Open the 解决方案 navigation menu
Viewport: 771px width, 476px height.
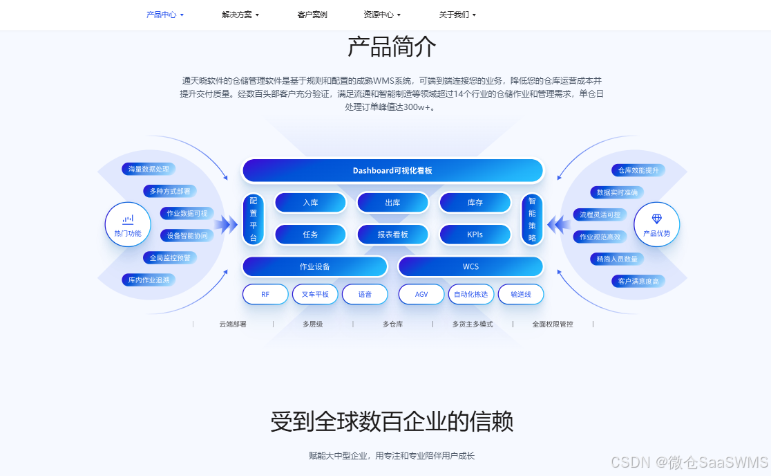(240, 15)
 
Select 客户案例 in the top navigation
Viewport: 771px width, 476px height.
(312, 15)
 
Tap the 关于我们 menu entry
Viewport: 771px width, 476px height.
(457, 15)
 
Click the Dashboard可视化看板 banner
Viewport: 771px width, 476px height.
(392, 171)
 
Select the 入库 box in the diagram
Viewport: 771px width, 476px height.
(310, 203)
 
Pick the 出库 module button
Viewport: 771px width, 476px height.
(392, 203)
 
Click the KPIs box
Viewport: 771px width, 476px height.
(475, 235)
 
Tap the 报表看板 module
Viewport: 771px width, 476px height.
(392, 235)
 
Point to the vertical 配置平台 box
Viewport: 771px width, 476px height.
(253, 219)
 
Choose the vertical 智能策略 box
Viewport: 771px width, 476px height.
(532, 219)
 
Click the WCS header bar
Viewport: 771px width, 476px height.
(470, 266)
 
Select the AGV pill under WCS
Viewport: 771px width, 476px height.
(421, 294)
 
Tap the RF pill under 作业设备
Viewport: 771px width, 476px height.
(265, 294)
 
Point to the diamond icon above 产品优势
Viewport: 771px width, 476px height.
(656, 219)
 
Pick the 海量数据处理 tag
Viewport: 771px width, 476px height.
(149, 169)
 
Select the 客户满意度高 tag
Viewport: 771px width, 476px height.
(638, 281)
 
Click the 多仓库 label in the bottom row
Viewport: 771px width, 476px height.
(392, 324)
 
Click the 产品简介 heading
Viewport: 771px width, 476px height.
(392, 47)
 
